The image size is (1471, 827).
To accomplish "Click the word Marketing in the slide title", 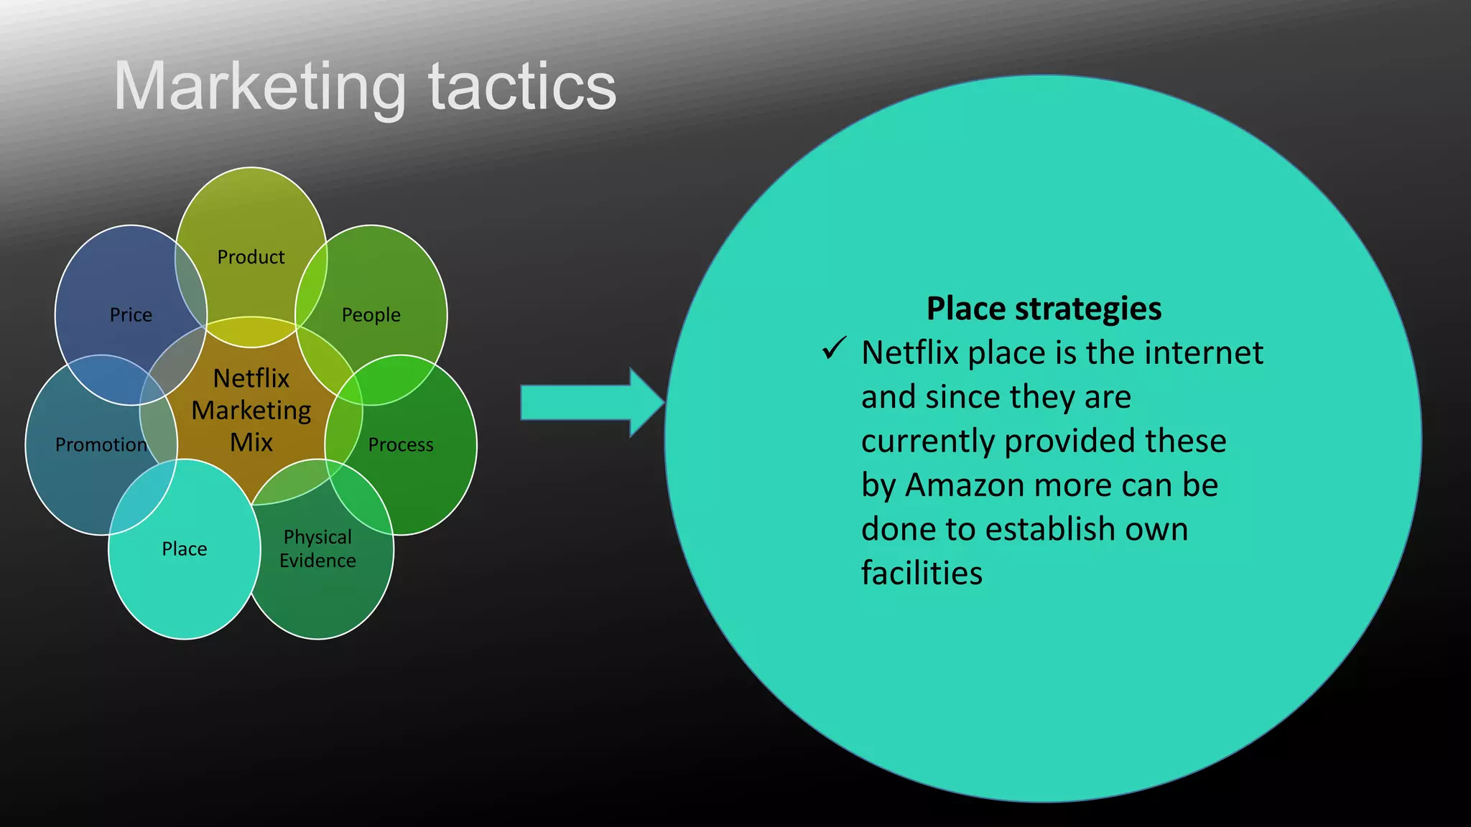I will click(x=260, y=88).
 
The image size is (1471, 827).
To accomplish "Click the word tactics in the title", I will click(x=522, y=88).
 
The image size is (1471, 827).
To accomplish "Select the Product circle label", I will click(x=251, y=257).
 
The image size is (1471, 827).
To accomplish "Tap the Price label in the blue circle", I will click(x=131, y=315).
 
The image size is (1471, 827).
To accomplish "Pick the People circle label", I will click(x=371, y=315).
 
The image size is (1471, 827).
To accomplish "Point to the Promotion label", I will click(x=101, y=445).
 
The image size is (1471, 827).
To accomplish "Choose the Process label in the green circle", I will click(x=400, y=445).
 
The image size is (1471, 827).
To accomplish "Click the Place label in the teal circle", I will click(x=184, y=549).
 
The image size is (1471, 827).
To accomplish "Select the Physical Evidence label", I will click(x=317, y=548).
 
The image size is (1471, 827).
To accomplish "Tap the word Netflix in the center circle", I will click(x=251, y=378).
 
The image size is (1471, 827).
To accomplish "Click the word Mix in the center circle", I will click(x=251, y=442).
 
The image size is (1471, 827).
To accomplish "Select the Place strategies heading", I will click(x=1044, y=309).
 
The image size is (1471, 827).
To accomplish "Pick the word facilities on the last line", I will click(x=922, y=574).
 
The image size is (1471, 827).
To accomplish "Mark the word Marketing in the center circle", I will click(x=251, y=411).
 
